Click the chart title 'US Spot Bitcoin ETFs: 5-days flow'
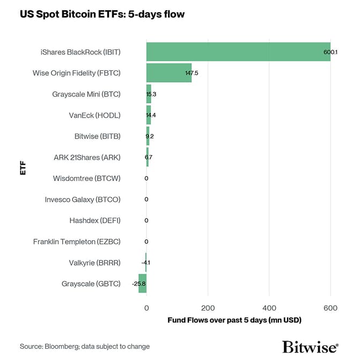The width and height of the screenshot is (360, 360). click(x=102, y=14)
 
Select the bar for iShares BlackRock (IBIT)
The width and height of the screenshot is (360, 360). click(x=238, y=52)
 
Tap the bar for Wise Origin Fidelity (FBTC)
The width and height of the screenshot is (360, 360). click(x=168, y=72)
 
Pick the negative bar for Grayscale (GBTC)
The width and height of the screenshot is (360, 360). click(x=142, y=283)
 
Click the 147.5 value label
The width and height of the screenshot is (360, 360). click(x=191, y=72)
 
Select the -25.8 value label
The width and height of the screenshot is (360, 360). click(x=139, y=283)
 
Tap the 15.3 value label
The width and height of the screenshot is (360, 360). click(x=151, y=94)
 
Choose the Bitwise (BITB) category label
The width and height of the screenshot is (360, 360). click(x=98, y=136)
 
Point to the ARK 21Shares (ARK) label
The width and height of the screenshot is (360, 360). click(x=87, y=157)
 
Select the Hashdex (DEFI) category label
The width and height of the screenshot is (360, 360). click(x=95, y=221)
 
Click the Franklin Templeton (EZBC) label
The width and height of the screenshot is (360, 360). click(x=77, y=241)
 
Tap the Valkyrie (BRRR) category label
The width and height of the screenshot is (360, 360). click(x=94, y=262)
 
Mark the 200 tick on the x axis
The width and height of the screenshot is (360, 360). click(x=208, y=308)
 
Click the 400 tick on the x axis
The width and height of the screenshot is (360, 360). click(x=269, y=308)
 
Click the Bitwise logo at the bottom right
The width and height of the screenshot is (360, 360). click(x=310, y=346)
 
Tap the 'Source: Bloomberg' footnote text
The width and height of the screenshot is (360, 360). click(x=85, y=347)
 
